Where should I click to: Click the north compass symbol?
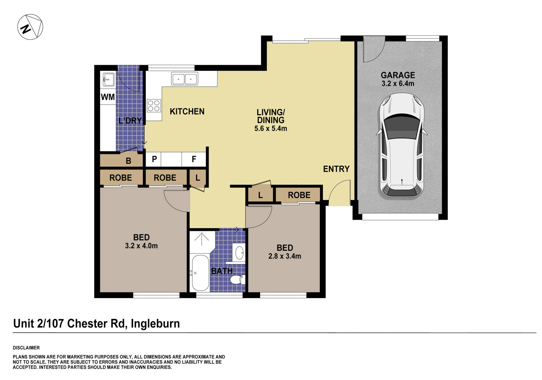point(30,27)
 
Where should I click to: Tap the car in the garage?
point(401,146)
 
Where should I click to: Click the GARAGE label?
point(398,75)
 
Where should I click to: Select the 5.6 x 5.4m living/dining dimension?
point(271,128)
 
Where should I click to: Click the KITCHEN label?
point(187,112)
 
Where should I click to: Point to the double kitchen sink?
point(185,79)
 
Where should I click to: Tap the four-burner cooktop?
point(153,105)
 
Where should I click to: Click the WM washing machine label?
point(108,97)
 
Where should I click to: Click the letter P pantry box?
point(154,159)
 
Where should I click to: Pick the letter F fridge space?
point(194,159)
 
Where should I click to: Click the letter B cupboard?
point(128,161)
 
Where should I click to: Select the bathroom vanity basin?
point(239,252)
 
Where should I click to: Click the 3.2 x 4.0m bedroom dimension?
point(141,246)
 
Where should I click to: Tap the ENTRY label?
point(336,169)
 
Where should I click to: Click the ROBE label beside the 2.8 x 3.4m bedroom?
point(299,195)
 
